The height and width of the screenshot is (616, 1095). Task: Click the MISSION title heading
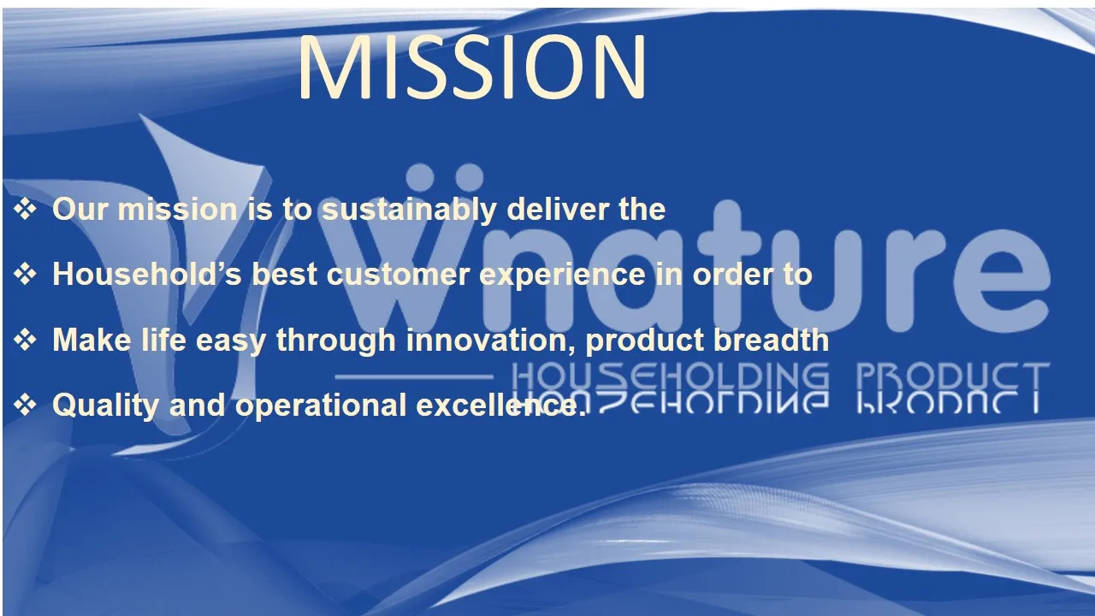[x=471, y=67]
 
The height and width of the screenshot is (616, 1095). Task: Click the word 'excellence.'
[x=501, y=404]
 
